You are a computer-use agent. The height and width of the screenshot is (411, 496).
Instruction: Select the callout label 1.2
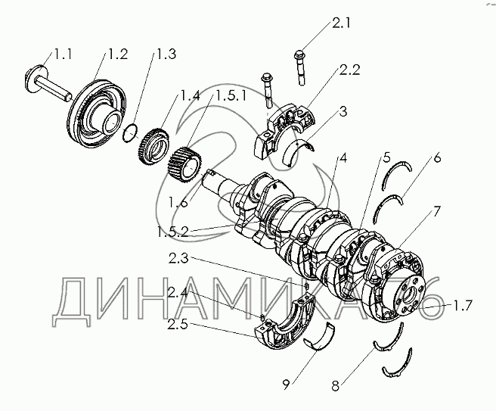117,54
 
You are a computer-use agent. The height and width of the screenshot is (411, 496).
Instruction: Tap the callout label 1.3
166,54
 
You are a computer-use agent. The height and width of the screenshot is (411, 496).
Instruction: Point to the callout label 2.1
342,23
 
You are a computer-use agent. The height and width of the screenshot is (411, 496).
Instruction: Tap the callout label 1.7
463,306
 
